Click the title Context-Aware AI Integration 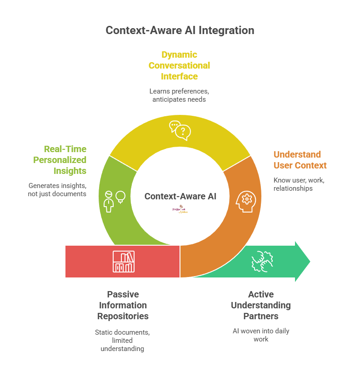tap(180, 30)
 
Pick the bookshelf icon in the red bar tap(123, 262)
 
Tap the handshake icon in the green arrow tap(261, 262)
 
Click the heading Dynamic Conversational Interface tap(179, 65)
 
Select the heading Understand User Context tap(300, 160)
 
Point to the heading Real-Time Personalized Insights tap(65, 160)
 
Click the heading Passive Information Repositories tap(123, 305)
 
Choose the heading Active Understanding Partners tap(260, 305)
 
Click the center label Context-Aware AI tap(180, 197)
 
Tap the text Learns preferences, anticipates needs tap(179, 95)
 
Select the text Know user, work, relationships tap(299, 184)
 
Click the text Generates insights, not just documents tap(57, 190)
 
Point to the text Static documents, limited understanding tap(122, 341)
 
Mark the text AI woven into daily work tap(260, 335)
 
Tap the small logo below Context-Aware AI tap(180, 209)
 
